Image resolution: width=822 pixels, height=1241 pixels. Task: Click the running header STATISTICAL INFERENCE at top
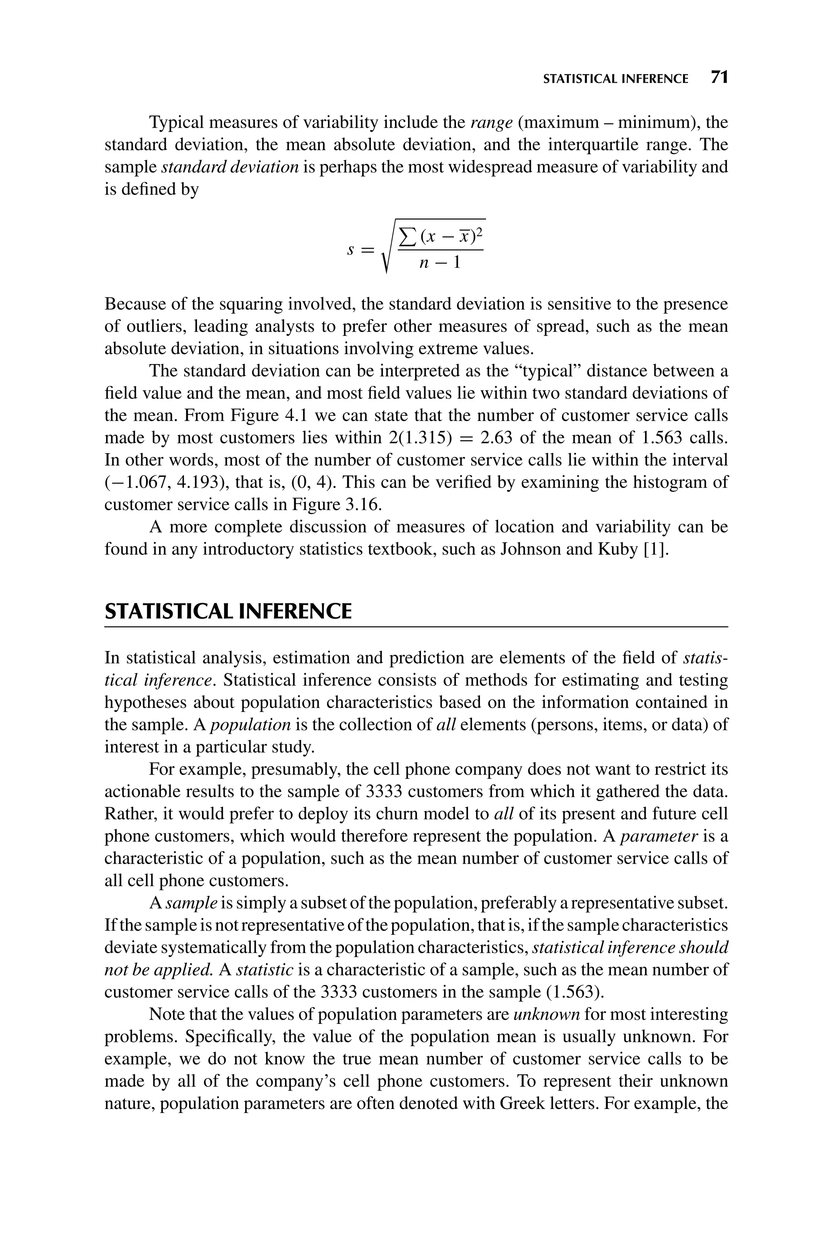pos(615,79)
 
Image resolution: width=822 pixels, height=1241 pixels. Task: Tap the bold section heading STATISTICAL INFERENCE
pos(228,612)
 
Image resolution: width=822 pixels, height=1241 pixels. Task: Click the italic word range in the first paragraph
pos(491,123)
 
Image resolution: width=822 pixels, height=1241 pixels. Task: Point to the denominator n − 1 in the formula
pos(440,262)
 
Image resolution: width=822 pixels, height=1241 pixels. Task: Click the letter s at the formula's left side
pos(351,250)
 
